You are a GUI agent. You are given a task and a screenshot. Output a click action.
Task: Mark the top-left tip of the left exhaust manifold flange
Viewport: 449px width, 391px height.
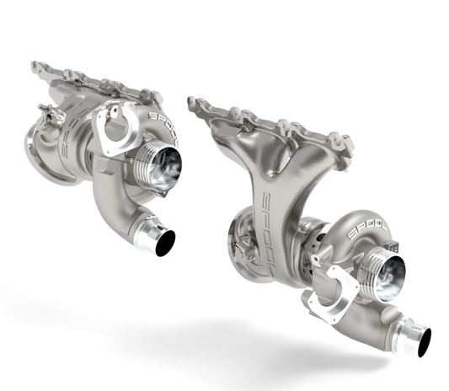(x=34, y=64)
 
